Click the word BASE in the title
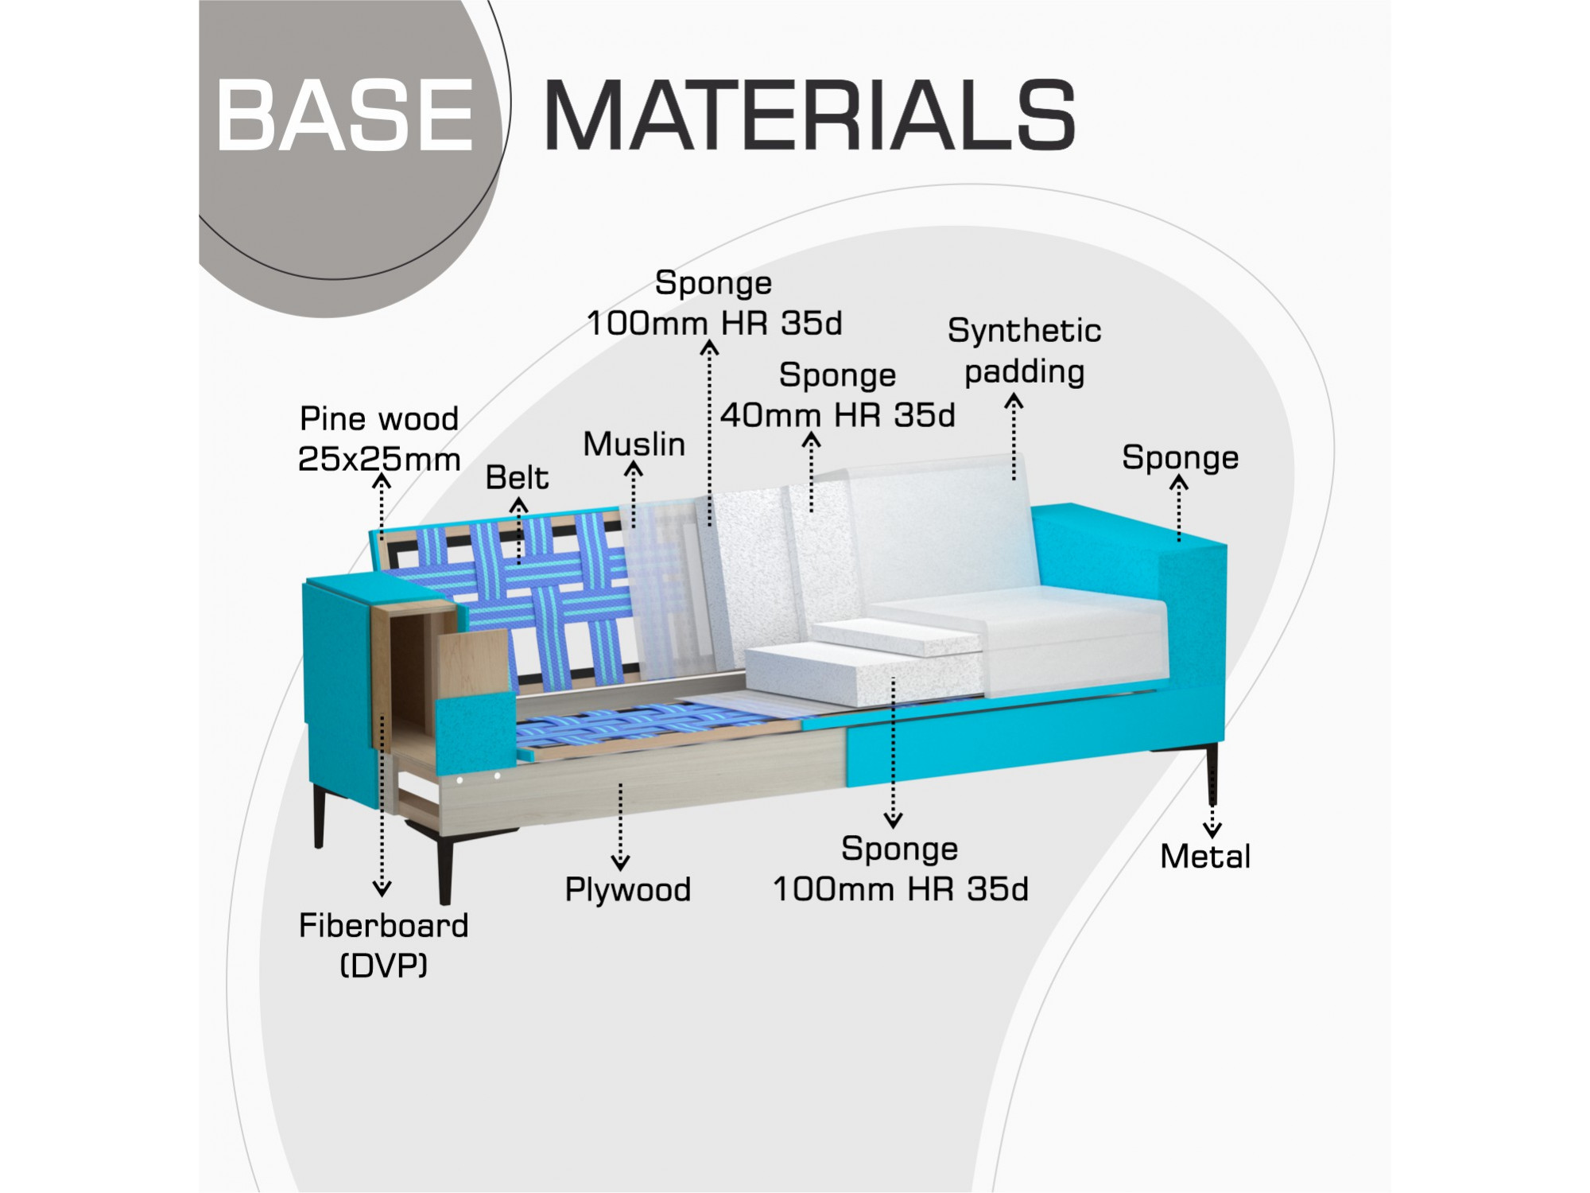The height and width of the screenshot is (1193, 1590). [x=345, y=115]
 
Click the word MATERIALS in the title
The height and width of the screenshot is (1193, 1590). [x=809, y=115]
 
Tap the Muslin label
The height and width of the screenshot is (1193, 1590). [x=634, y=444]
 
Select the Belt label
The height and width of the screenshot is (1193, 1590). [x=517, y=477]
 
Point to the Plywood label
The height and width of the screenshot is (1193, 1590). [x=628, y=889]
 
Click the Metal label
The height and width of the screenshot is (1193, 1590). [x=1205, y=857]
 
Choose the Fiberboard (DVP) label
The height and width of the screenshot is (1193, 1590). [x=384, y=945]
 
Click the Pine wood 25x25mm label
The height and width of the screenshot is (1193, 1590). [x=379, y=438]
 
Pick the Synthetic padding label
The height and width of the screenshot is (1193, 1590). [x=1025, y=351]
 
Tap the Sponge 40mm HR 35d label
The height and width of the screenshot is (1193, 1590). [x=838, y=395]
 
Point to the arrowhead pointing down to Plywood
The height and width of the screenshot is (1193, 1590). [x=621, y=861]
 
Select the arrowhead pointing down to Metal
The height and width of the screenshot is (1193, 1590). [x=1212, y=830]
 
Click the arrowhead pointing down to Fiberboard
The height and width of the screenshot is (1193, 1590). [x=382, y=888]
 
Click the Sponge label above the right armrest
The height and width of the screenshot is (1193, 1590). [x=1180, y=458]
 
